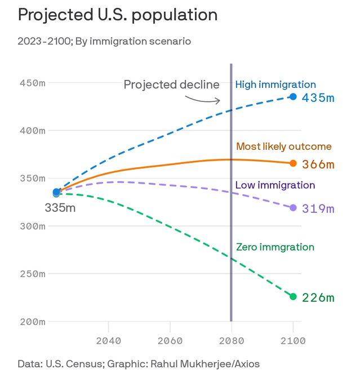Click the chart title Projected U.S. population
pyautogui.click(x=117, y=15)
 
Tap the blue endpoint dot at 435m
pyautogui.click(x=293, y=97)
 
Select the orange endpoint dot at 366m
pyautogui.click(x=293, y=163)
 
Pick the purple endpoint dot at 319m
pyautogui.click(x=293, y=208)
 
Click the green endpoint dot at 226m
pyautogui.click(x=293, y=296)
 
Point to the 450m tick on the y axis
pyautogui.click(x=33, y=83)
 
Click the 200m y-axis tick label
pyautogui.click(x=33, y=322)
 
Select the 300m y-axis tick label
pyautogui.click(x=33, y=226)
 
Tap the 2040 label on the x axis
pyautogui.click(x=108, y=341)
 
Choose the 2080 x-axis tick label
pyautogui.click(x=231, y=341)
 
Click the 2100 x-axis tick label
pyautogui.click(x=293, y=341)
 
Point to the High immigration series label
pyautogui.click(x=275, y=84)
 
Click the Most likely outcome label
pyautogui.click(x=283, y=146)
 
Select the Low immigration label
pyautogui.click(x=275, y=185)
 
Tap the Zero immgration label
pyautogui.click(x=275, y=247)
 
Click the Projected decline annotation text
pyautogui.click(x=171, y=85)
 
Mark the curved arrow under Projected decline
pyautogui.click(x=203, y=100)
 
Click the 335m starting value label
pyautogui.click(x=60, y=208)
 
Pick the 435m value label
pyautogui.click(x=318, y=98)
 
